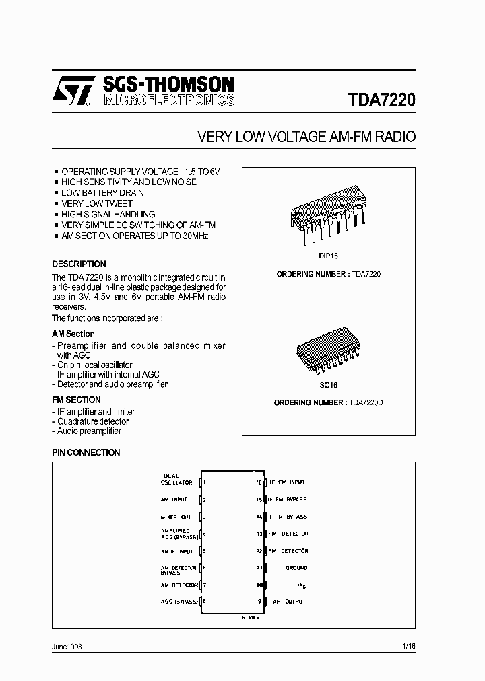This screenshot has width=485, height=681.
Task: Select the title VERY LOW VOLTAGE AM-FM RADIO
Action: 306,137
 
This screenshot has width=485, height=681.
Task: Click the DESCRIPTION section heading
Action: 79,264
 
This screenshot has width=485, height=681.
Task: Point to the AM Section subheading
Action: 73,334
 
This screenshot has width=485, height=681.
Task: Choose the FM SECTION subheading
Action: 76,400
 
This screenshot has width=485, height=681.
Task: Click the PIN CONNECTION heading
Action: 86,453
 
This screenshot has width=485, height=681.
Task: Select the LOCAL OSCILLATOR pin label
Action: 176,479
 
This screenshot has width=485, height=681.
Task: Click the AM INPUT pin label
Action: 174,500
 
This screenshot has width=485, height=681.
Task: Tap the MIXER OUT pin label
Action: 175,517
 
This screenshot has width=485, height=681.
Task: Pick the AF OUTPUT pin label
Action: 289,602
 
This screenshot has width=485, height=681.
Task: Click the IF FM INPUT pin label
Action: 287,482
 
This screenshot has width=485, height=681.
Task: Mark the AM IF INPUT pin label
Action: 176,551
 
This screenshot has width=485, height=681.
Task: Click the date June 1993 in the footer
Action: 67,646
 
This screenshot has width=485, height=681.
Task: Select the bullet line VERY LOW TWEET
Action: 96,203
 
